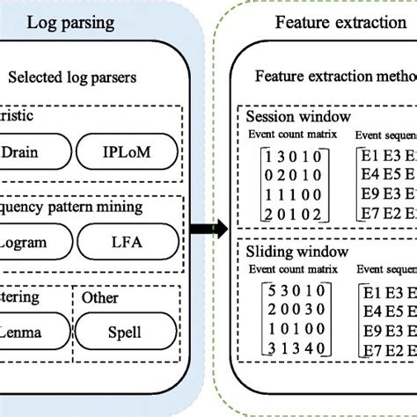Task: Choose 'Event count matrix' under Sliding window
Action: (291, 273)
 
